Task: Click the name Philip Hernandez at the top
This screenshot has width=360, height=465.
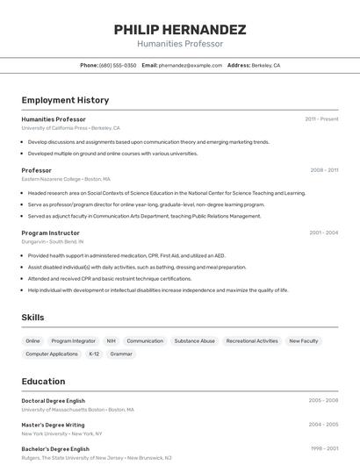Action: click(180, 30)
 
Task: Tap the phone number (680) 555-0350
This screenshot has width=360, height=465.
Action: click(118, 65)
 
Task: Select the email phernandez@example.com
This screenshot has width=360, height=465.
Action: click(191, 65)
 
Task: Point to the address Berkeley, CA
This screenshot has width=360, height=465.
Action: click(266, 65)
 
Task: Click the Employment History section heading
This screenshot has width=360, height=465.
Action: click(65, 100)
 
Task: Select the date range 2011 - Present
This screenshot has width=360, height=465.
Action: click(321, 119)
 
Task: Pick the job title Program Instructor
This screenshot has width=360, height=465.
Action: click(50, 232)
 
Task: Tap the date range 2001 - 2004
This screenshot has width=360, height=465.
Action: click(323, 232)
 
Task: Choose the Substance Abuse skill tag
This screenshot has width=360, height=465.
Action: click(194, 340)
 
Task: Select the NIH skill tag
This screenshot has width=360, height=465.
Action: click(112, 340)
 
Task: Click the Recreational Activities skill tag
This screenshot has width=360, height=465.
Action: click(252, 340)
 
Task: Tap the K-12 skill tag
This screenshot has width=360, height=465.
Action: click(94, 354)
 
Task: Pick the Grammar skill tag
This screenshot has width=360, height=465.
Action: click(121, 354)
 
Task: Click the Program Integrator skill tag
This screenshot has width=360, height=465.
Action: click(73, 340)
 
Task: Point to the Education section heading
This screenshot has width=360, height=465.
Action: click(43, 381)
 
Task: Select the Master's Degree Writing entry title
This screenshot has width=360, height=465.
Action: click(53, 425)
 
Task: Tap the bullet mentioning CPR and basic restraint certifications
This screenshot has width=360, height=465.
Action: click(109, 278)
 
